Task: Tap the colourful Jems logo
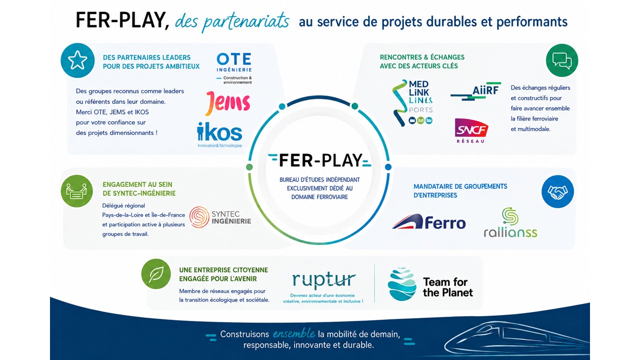(x=227, y=103)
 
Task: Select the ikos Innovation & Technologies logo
(x=219, y=135)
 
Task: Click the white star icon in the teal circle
(x=77, y=60)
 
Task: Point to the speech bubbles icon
(x=561, y=60)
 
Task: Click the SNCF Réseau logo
(x=471, y=130)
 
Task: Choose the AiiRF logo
(x=476, y=91)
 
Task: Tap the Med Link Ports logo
(x=412, y=103)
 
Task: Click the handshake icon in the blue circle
(x=557, y=191)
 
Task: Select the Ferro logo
(x=429, y=222)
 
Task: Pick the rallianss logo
(x=510, y=222)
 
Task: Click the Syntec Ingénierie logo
(x=220, y=217)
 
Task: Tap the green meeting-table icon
(x=76, y=191)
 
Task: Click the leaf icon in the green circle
(x=156, y=274)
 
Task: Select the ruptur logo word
(x=323, y=280)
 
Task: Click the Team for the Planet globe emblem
(x=401, y=284)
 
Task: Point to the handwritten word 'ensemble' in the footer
(x=293, y=333)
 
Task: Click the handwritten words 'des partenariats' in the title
(x=232, y=21)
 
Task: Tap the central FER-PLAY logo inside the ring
(x=319, y=160)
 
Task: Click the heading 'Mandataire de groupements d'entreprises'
(x=460, y=191)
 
